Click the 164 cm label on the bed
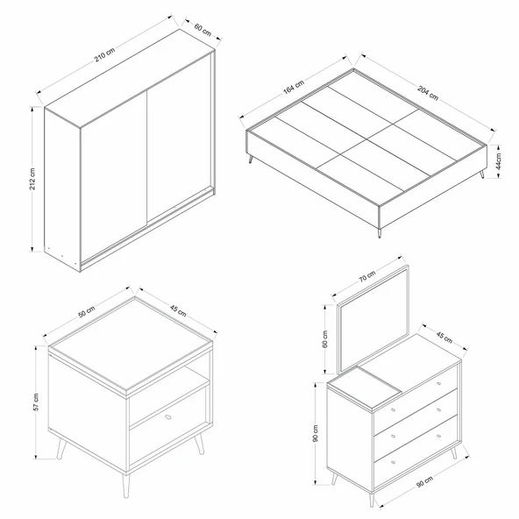[293, 88]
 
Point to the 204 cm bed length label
[428, 93]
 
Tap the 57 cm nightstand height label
[36, 402]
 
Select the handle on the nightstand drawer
[167, 419]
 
